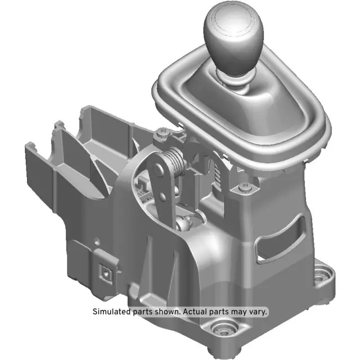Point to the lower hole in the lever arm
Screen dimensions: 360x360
click(x=163, y=197)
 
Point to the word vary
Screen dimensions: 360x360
click(x=259, y=311)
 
